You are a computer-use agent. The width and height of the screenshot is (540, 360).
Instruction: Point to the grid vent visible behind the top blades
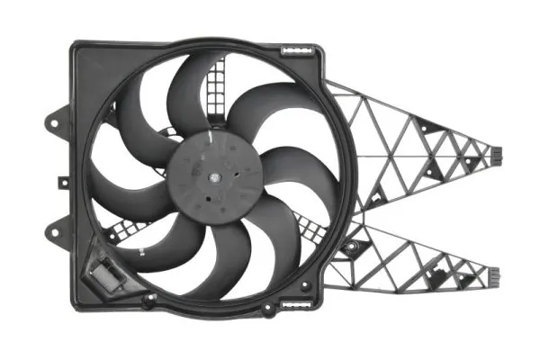[x=215, y=85]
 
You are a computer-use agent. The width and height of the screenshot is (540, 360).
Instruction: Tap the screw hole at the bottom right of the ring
[x=306, y=286]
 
